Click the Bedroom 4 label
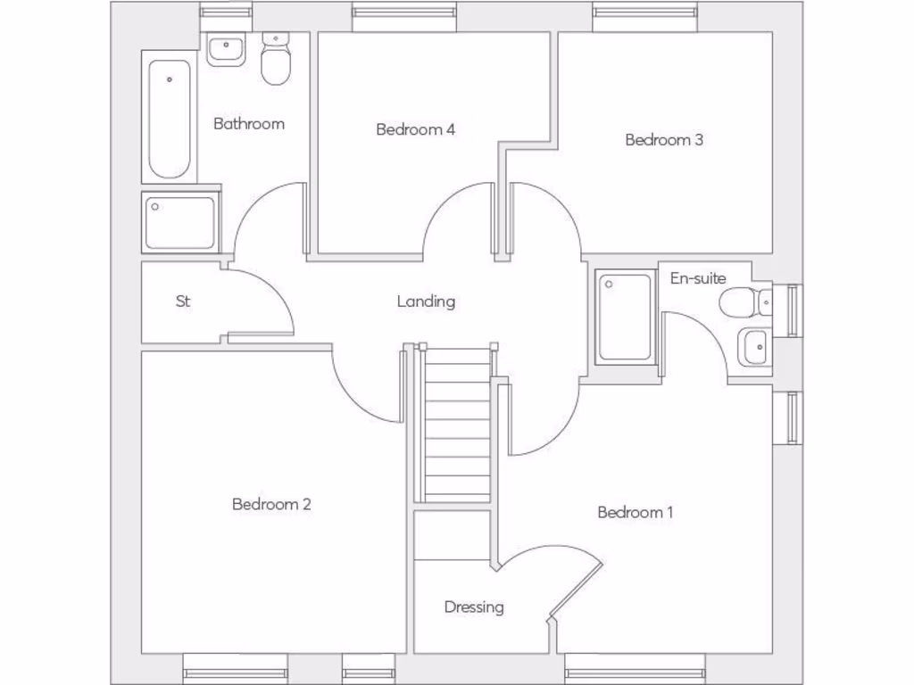pyautogui.click(x=415, y=129)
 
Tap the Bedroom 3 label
pyautogui.click(x=664, y=139)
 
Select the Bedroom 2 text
pyautogui.click(x=271, y=504)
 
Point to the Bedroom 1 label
pyautogui.click(x=636, y=512)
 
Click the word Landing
pyautogui.click(x=426, y=301)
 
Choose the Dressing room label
pyautogui.click(x=474, y=607)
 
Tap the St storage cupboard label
pyautogui.click(x=183, y=301)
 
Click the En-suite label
pyautogui.click(x=698, y=278)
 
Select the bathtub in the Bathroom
pyautogui.click(x=169, y=119)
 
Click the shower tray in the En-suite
pyautogui.click(x=625, y=317)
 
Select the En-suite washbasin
pyautogui.click(x=754, y=346)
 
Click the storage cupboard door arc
pyautogui.click(x=268, y=299)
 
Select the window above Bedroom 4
pyautogui.click(x=404, y=13)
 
